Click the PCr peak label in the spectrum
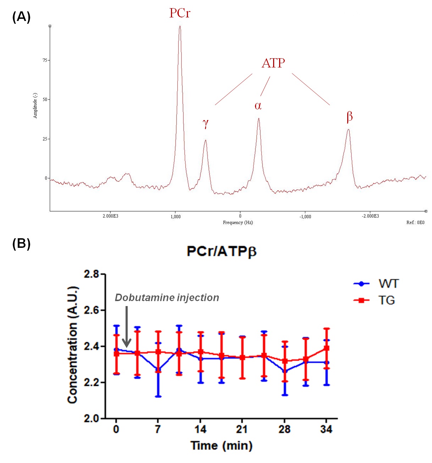[180, 13]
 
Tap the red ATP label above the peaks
[273, 63]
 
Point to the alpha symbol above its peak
[258, 105]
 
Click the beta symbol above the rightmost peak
[349, 116]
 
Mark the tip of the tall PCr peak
[180, 26]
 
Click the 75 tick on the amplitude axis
[45, 60]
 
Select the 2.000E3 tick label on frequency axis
[110, 216]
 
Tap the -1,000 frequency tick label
[305, 217]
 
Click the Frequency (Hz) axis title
[238, 223]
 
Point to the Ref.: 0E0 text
[415, 223]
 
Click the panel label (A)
[21, 17]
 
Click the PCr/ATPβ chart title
[221, 251]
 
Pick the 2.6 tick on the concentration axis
[92, 310]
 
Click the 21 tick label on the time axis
[242, 429]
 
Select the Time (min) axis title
[221, 445]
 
